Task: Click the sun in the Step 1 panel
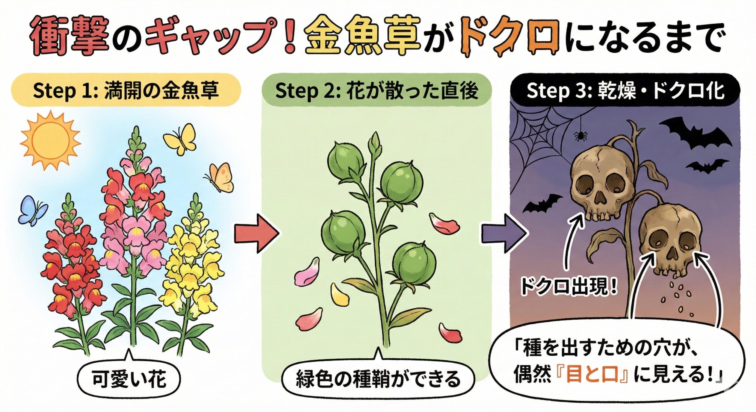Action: (50, 140)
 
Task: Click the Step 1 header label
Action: (126, 90)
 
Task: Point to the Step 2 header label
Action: (377, 90)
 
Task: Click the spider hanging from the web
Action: (581, 135)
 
